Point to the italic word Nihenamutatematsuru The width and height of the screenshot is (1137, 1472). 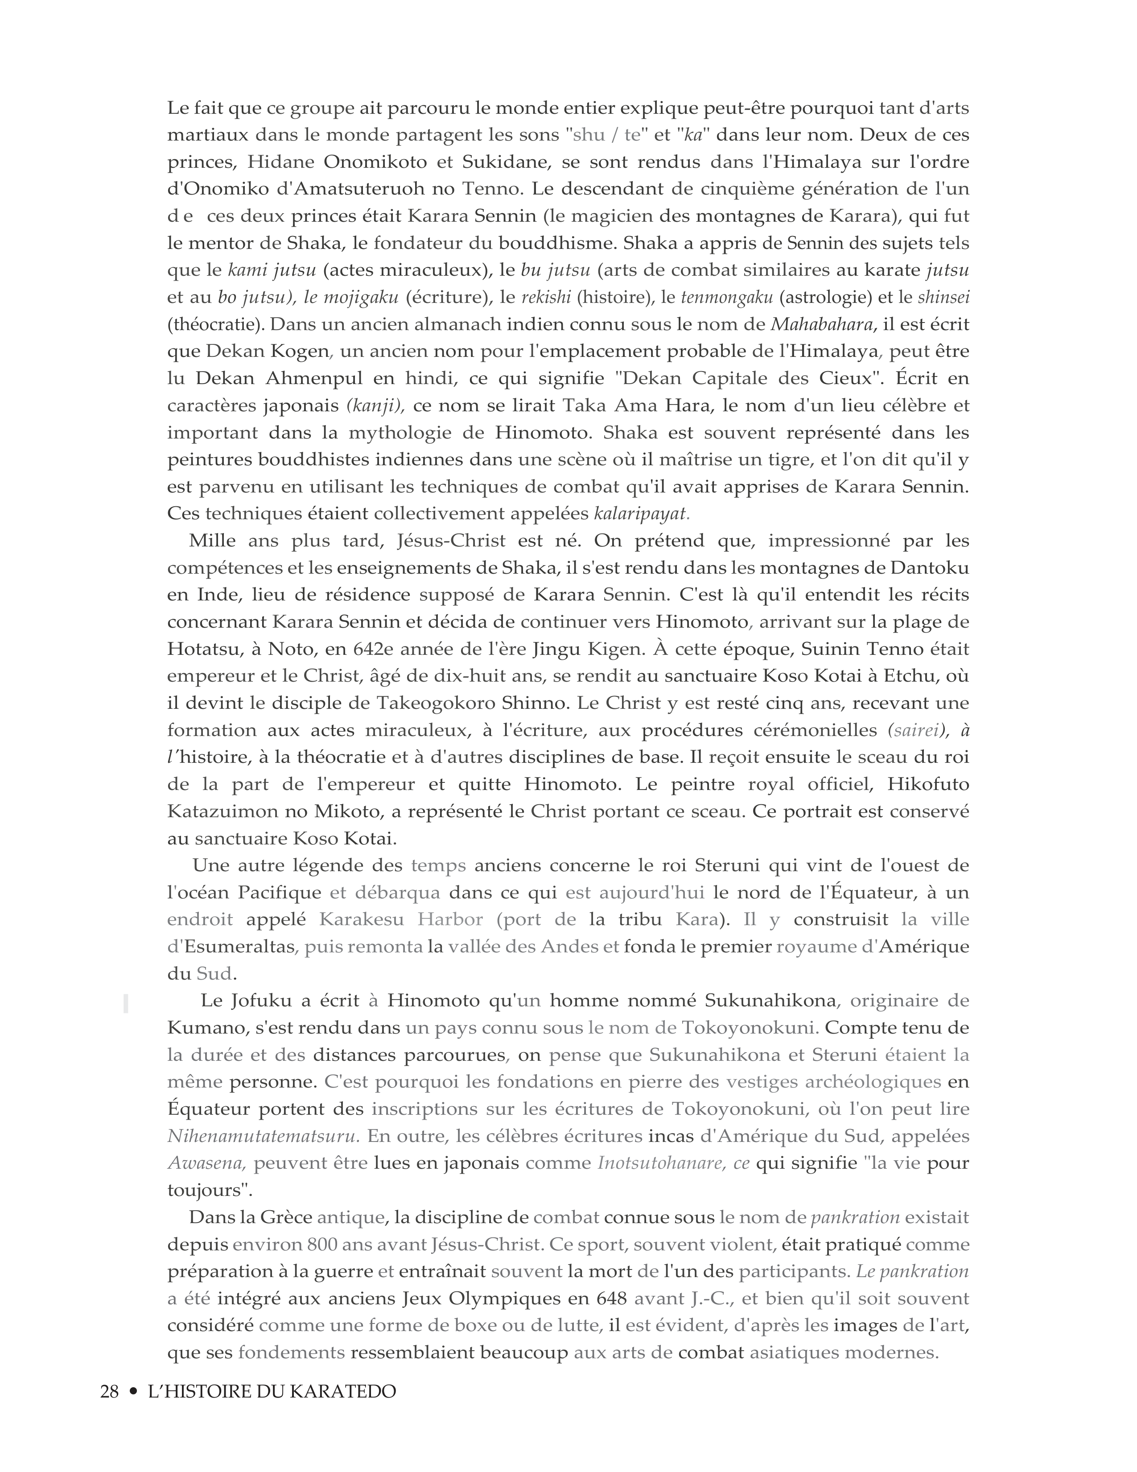(261, 1137)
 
